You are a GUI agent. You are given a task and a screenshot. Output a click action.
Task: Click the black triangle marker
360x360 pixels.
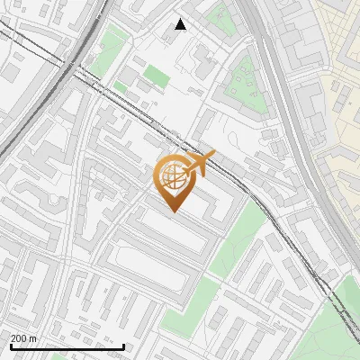pos(181,24)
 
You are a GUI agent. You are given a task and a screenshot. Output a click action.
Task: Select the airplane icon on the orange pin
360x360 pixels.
pos(199,164)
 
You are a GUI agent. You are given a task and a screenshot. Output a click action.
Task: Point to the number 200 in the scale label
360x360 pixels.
pos(19,338)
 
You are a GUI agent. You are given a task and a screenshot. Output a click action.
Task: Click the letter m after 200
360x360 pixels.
pos(33,338)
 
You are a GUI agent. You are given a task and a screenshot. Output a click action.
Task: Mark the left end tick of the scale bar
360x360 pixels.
pos(10,346)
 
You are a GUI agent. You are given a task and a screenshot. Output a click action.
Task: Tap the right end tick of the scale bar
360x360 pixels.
pos(123,346)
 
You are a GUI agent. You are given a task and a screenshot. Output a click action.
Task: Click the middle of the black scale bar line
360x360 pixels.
pos(67,346)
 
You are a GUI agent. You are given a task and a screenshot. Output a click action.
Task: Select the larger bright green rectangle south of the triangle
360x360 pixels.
pos(157,75)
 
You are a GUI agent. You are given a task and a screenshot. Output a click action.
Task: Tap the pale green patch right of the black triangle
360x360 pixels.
pos(219,15)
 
